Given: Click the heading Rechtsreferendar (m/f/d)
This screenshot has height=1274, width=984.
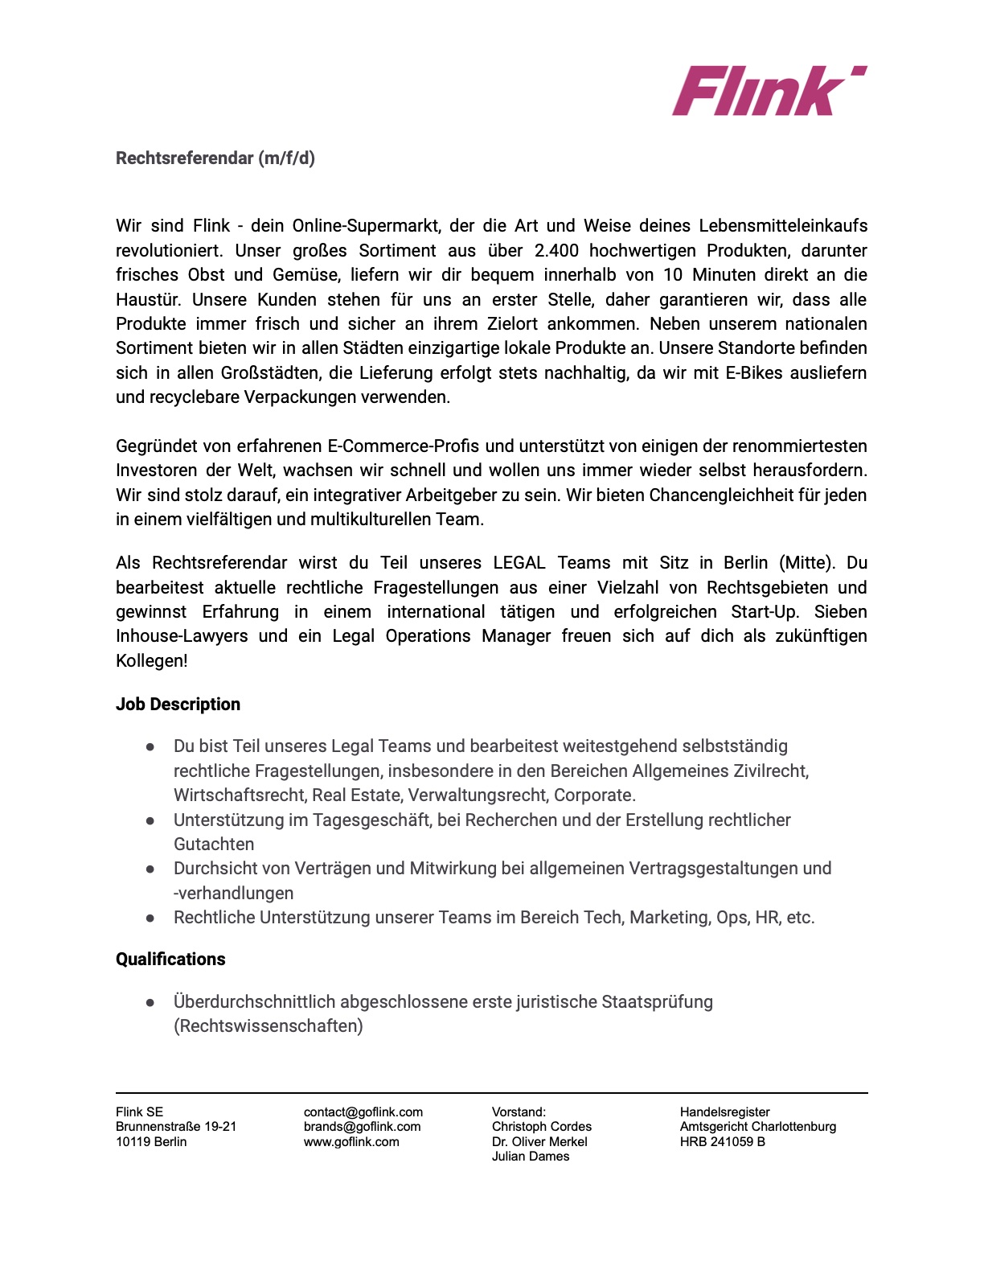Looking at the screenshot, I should [215, 158].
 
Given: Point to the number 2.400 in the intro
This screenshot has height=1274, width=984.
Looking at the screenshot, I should [556, 251].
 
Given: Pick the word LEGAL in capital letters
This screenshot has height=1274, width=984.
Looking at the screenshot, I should [519, 563].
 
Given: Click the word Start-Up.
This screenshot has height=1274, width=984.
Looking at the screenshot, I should [765, 612].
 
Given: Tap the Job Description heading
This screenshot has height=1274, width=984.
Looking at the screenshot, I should [178, 705].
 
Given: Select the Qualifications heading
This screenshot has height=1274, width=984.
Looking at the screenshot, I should [170, 960].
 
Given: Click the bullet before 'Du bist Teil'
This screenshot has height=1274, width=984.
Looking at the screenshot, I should [150, 747].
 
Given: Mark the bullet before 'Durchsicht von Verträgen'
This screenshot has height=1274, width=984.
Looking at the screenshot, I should [150, 869].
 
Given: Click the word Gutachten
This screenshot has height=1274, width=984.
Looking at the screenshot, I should [214, 845].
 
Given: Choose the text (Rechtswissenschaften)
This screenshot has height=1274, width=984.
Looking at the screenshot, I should [269, 1026].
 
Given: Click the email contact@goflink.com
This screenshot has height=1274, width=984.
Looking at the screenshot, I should [363, 1112].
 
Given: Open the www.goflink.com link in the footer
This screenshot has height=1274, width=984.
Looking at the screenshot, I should [351, 1142].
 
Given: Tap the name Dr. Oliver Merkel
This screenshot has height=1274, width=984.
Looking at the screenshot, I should [539, 1142].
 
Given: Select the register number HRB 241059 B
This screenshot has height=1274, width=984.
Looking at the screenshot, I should [722, 1142].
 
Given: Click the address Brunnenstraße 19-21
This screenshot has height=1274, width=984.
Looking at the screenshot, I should [176, 1127].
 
